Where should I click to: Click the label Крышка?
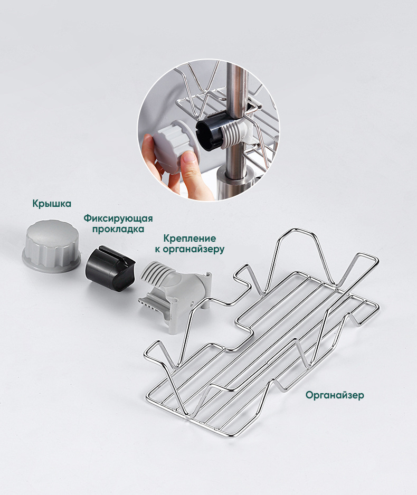point(52,203)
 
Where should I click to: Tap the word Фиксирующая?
point(118,218)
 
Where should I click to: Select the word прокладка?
point(118,229)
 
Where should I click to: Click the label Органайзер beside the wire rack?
point(335,395)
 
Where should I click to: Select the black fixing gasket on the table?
point(110,267)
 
